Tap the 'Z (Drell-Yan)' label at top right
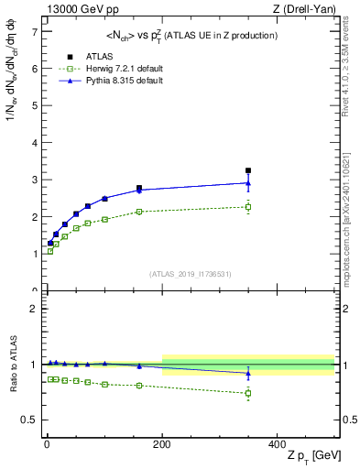point(310,9)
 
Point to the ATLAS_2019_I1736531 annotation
point(190,273)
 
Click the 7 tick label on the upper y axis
point(34,31)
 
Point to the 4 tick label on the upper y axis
point(34,142)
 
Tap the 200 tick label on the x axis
point(162,443)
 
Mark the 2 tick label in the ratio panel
point(34,309)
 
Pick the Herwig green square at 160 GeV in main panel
point(139,212)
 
